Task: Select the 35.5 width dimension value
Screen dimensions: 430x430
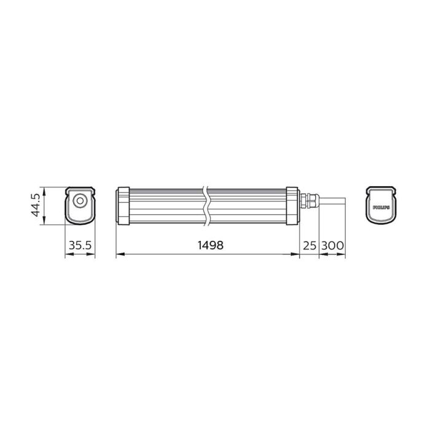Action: coord(80,244)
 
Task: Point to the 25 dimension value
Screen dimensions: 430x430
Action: coord(309,244)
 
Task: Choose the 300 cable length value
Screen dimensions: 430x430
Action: coord(332,244)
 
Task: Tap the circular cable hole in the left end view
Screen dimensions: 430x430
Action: coord(80,201)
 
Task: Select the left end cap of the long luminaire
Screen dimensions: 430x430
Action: coord(122,206)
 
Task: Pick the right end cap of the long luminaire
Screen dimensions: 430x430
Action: coord(293,206)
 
